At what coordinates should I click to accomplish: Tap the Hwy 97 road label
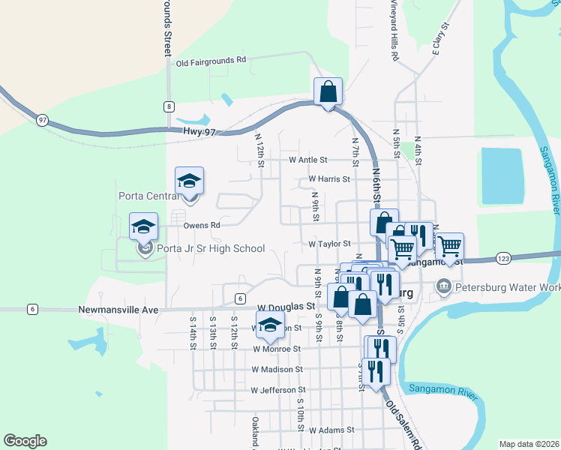[x=199, y=132]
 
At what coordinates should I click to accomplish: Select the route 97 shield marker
[x=42, y=120]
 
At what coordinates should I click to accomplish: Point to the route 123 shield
[x=503, y=258]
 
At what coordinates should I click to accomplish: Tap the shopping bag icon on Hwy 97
[x=328, y=93]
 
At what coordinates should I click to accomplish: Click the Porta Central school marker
[x=189, y=182]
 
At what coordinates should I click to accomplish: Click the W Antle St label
[x=308, y=160]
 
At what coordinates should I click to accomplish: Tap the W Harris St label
[x=329, y=179]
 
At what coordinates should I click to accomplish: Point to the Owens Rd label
[x=202, y=224]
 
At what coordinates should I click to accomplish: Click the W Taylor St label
[x=330, y=244]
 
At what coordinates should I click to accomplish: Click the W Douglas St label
[x=285, y=307]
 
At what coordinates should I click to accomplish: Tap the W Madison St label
[x=277, y=369]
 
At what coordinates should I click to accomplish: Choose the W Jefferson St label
[x=278, y=390]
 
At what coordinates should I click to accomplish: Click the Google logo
[x=25, y=441]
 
